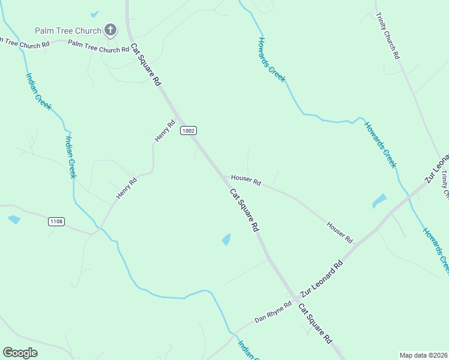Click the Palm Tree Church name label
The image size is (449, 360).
[x=68, y=30]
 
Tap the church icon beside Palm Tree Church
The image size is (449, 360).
[x=110, y=29]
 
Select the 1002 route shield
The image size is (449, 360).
[x=188, y=130]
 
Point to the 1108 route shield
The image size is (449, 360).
[x=56, y=221]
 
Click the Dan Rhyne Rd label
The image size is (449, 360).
[x=273, y=312]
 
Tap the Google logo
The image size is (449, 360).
[x=20, y=353]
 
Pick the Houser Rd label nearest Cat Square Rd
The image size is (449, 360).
[x=246, y=179]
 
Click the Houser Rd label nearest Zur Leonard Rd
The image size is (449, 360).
[x=340, y=232]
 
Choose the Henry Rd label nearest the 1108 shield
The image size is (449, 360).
[x=127, y=188]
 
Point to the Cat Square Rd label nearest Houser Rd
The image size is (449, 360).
[x=244, y=210]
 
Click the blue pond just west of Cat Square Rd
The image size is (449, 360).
[x=226, y=239]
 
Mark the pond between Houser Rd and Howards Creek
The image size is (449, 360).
[x=379, y=200]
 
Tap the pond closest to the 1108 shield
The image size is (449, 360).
[x=13, y=220]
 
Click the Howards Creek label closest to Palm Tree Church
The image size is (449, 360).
[x=272, y=59]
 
